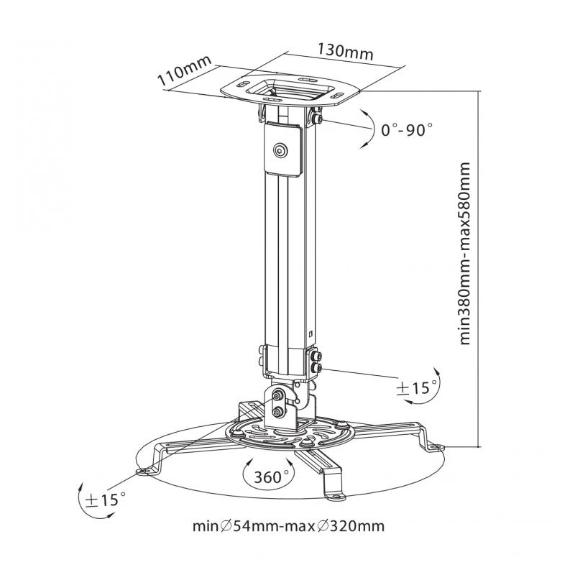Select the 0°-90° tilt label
point(407,130)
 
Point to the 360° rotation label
point(271,476)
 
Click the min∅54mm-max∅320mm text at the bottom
point(287,525)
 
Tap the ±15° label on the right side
point(418,388)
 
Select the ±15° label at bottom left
point(106,497)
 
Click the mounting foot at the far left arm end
point(146,470)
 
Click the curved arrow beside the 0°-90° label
point(367,128)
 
